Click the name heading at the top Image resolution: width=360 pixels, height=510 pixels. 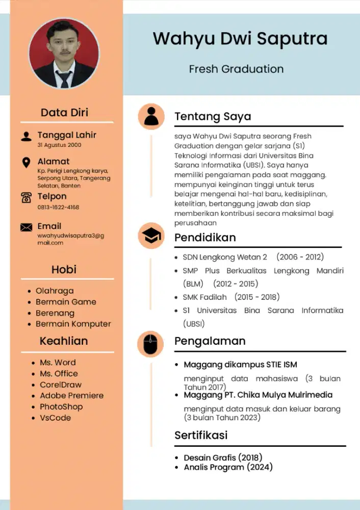tap(240, 39)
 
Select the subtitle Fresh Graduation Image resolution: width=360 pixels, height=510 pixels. tap(236, 69)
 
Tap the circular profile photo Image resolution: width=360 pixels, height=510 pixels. tap(64, 54)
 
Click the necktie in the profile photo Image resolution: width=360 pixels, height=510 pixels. tap(64, 79)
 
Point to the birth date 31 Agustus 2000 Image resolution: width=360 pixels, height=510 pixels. tap(59, 145)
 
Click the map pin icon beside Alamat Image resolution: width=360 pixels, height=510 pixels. tap(26, 163)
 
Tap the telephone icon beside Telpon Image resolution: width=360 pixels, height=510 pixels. tap(26, 198)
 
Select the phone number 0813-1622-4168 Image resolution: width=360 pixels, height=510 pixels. tap(58, 208)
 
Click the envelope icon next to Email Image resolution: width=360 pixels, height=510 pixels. tap(26, 227)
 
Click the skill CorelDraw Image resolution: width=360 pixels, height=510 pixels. tap(60, 385)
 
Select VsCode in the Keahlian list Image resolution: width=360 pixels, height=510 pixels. tap(55, 418)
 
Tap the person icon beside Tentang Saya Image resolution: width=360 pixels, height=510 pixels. tap(151, 116)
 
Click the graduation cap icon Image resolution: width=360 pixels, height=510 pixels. tap(151, 236)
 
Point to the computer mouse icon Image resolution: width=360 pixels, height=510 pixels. tap(151, 344)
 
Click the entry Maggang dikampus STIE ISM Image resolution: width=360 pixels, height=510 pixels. tap(240, 365)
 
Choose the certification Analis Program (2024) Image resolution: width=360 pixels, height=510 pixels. tap(228, 467)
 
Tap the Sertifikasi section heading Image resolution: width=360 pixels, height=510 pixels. tap(201, 435)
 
